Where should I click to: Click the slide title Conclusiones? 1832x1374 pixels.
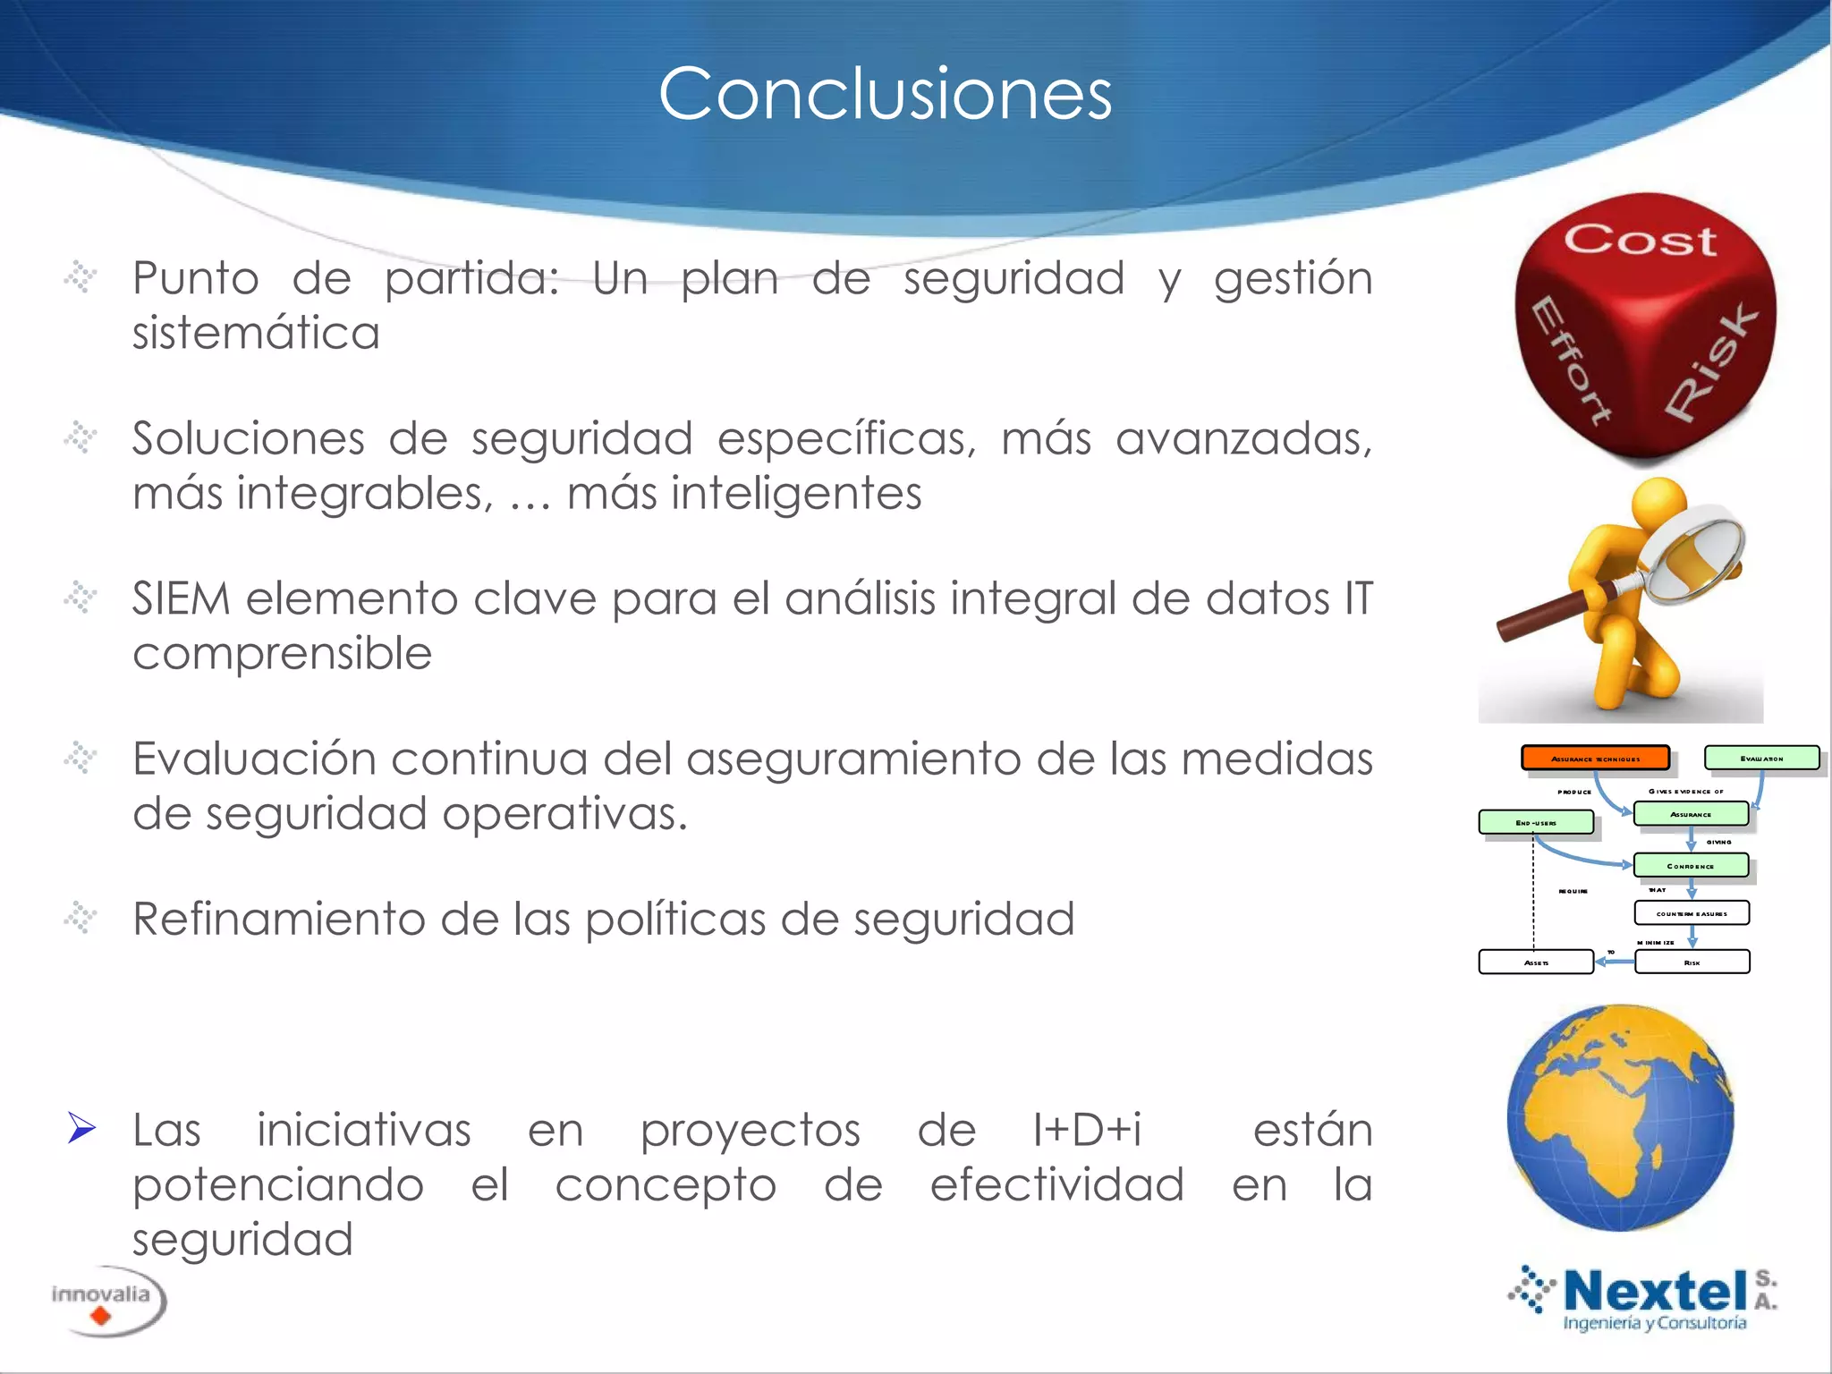(x=885, y=94)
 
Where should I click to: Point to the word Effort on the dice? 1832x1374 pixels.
(x=1570, y=358)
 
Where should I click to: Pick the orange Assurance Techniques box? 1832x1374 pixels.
(x=1595, y=758)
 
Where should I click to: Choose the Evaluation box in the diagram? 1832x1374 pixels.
(x=1760, y=758)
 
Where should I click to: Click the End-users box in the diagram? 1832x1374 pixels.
(x=1535, y=822)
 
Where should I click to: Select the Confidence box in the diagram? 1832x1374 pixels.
(x=1690, y=865)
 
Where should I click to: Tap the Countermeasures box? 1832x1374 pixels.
(x=1691, y=913)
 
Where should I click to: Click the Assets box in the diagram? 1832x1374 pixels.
(x=1535, y=962)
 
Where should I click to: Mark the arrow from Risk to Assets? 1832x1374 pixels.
(x=1614, y=962)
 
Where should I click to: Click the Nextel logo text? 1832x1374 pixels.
(x=1655, y=1292)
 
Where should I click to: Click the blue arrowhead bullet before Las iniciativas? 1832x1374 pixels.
(x=81, y=1128)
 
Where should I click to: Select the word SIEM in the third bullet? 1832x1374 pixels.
(x=182, y=598)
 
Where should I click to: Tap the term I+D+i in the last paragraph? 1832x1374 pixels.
(x=1087, y=1130)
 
